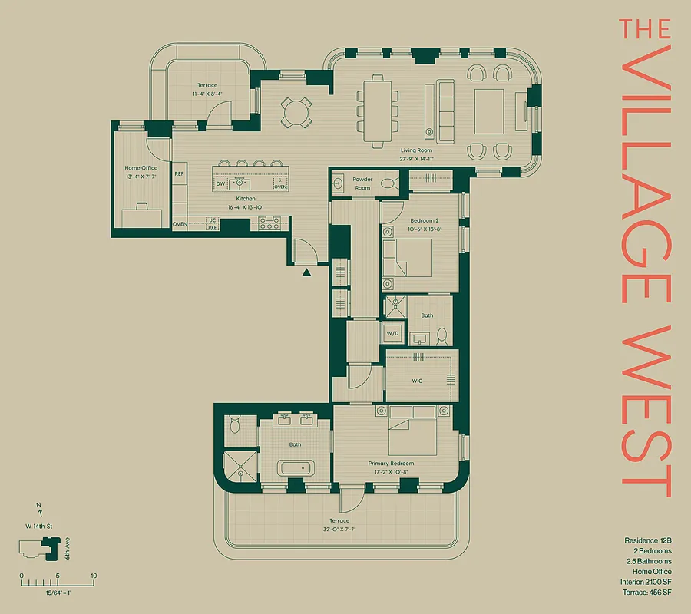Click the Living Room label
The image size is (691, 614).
416,150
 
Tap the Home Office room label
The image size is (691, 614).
141,168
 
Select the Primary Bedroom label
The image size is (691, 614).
391,464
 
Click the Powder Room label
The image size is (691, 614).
362,183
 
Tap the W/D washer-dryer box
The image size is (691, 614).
393,333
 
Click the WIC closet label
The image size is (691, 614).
417,381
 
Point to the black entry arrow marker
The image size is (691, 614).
307,271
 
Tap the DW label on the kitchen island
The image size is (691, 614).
220,184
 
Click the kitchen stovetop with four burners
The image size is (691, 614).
270,224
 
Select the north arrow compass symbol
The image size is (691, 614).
38,508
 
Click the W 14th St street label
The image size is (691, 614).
38,527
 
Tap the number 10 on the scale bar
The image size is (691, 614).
93,576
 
